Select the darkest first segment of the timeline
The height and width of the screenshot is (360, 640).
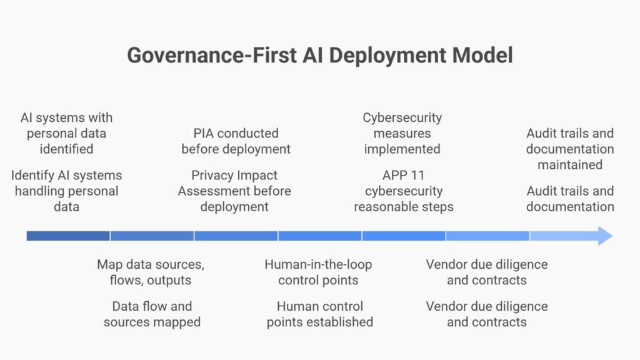68,236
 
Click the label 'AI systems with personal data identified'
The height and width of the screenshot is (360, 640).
66,133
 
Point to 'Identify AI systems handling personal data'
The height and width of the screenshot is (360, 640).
66,191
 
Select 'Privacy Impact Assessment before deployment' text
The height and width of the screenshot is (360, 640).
234,191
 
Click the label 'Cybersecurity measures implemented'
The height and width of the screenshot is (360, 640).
402,133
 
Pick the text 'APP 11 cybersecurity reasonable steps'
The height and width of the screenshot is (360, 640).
404,191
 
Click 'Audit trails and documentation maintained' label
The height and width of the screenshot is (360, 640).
570,149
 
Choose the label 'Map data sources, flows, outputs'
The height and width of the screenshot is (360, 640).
151,272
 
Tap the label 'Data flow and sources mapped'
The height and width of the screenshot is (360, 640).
152,314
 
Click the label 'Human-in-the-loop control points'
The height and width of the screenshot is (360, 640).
318,272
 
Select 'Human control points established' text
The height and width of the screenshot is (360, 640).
320,314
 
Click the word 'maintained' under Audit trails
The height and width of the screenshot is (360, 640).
570,165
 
